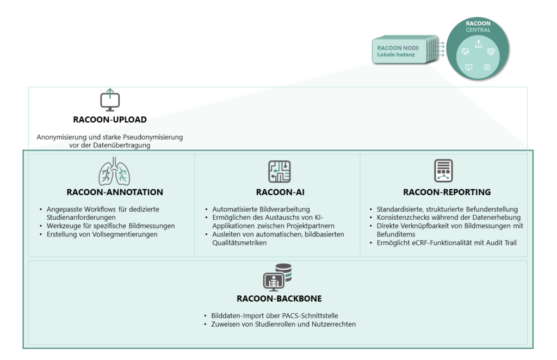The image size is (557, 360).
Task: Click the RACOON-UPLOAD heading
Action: [x=110, y=120]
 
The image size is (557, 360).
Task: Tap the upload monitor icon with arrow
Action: [x=110, y=100]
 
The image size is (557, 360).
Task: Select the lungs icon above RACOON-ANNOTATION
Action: [x=114, y=171]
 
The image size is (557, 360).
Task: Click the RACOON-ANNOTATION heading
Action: [x=115, y=192]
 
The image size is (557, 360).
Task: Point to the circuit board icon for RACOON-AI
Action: [x=280, y=171]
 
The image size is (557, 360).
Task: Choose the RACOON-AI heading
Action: [x=280, y=192]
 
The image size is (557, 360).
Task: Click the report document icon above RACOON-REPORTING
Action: [x=443, y=171]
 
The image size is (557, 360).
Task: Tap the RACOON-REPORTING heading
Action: [x=447, y=192]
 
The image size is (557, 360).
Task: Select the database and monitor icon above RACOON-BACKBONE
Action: [x=277, y=277]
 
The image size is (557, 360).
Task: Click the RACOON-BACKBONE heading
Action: [x=279, y=299]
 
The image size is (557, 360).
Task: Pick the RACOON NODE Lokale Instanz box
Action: [x=399, y=51]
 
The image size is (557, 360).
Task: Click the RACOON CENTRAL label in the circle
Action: [x=478, y=27]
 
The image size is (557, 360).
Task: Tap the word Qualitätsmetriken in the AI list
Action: [x=239, y=243]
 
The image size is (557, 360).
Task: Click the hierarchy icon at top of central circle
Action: [x=479, y=44]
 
